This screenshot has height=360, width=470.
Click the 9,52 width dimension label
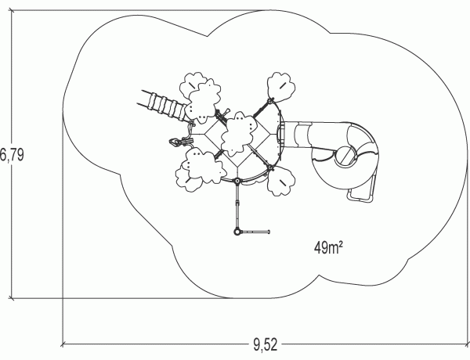[x=266, y=344]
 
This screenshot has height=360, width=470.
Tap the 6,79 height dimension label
[x=12, y=155]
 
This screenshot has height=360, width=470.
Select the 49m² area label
[x=328, y=247]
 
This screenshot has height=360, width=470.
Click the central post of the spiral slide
[x=345, y=156]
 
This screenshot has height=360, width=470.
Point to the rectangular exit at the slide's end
[x=360, y=194]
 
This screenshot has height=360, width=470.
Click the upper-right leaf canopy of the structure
[x=281, y=86]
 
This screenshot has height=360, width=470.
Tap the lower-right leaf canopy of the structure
[x=281, y=182]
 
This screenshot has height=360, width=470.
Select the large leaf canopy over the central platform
[x=239, y=134]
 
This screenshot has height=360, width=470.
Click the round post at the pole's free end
[x=237, y=232]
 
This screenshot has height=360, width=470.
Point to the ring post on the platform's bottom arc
[x=237, y=181]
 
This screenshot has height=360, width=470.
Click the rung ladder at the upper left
[x=164, y=105]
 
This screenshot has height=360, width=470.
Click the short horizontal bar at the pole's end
[x=255, y=232]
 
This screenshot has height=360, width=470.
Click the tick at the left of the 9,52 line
[x=63, y=344]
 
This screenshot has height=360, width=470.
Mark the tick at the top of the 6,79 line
[x=12, y=11]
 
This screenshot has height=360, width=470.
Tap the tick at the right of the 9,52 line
[x=468, y=344]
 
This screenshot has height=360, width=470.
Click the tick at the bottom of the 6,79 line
[x=12, y=298]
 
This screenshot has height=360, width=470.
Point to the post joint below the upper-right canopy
[x=271, y=101]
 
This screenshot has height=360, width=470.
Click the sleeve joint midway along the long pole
[x=237, y=203]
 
